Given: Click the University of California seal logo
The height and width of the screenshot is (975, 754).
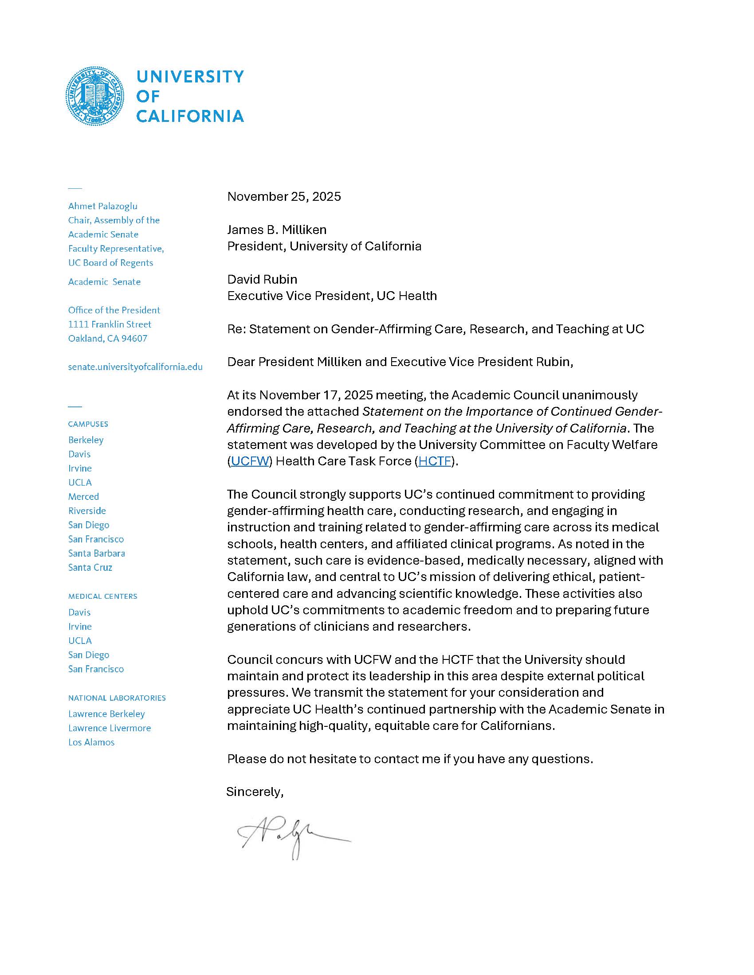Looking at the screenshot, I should (x=95, y=96).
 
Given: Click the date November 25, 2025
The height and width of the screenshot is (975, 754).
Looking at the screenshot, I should (x=284, y=196).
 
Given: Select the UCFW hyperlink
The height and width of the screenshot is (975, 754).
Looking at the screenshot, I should (x=250, y=461).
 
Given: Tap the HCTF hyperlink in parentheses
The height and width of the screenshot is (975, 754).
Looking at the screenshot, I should (x=435, y=461).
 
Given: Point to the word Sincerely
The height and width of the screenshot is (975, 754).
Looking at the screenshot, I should (x=255, y=792).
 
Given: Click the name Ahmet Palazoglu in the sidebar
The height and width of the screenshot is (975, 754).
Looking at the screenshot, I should (x=103, y=206).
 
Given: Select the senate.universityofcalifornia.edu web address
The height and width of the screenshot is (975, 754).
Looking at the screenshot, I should (x=135, y=367).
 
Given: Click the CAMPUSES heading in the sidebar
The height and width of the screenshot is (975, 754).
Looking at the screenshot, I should (x=88, y=424).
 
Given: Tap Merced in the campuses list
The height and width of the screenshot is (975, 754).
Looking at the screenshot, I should (x=83, y=496).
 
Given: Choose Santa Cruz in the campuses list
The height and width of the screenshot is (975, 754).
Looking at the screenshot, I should (x=90, y=567).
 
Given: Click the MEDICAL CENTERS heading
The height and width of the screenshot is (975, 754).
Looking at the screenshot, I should (x=103, y=597).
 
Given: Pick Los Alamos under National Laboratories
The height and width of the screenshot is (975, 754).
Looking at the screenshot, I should (x=91, y=742).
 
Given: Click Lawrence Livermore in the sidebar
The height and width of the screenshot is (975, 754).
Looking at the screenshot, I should (x=110, y=728).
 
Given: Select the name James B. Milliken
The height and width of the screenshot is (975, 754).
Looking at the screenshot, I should (x=276, y=230).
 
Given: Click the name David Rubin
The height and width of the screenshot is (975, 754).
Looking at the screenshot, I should (x=262, y=280).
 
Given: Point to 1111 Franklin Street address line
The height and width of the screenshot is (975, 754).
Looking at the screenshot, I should (x=110, y=324).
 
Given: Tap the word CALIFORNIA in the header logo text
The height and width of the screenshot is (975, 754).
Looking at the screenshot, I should (x=190, y=117).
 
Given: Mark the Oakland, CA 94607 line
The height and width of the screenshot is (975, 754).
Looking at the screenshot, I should (x=108, y=339).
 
